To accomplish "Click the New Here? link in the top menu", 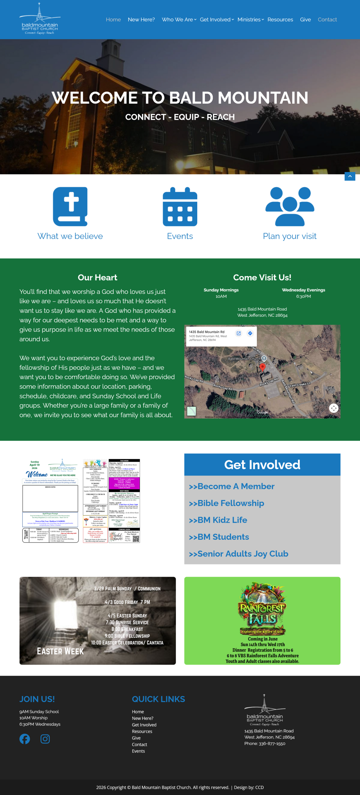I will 141,20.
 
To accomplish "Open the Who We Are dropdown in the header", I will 179,20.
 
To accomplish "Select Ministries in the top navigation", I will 250,20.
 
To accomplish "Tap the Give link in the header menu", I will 305,20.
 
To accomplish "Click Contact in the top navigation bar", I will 327,20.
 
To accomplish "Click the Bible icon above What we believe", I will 70,207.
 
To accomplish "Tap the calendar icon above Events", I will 180,207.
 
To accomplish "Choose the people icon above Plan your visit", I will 290,207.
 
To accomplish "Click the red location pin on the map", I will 262,367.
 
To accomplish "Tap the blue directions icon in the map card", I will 250,333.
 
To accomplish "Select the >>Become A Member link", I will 232,486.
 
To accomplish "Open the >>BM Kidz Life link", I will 218,520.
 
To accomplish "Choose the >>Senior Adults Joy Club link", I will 239,554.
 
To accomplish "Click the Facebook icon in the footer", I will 25,739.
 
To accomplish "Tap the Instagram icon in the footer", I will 45,739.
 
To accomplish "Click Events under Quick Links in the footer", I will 138,751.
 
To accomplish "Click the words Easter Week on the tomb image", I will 60,651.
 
